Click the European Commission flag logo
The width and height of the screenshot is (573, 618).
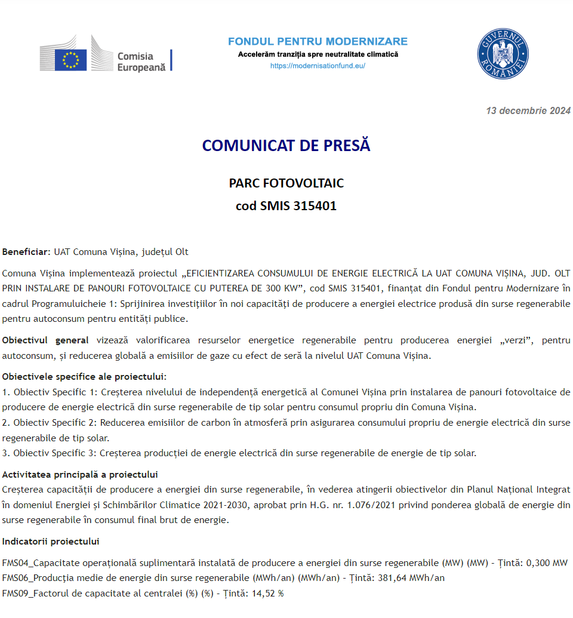71,60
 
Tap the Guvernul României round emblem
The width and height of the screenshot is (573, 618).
503,54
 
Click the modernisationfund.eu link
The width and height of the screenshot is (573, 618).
318,66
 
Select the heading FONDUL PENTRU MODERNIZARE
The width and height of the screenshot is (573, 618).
318,41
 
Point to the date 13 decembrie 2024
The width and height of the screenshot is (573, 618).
528,110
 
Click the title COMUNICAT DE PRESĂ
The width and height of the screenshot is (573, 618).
286,146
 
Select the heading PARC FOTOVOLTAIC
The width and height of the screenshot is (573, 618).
286,183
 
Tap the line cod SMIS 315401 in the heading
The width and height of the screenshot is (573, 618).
286,206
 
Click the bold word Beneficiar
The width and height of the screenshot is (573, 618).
24,252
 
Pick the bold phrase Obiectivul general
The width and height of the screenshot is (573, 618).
45,340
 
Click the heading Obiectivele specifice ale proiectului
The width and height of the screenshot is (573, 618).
84,377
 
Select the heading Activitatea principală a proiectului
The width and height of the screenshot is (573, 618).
80,475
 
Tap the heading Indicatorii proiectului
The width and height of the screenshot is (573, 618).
51,542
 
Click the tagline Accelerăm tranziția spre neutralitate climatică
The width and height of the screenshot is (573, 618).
318,54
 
